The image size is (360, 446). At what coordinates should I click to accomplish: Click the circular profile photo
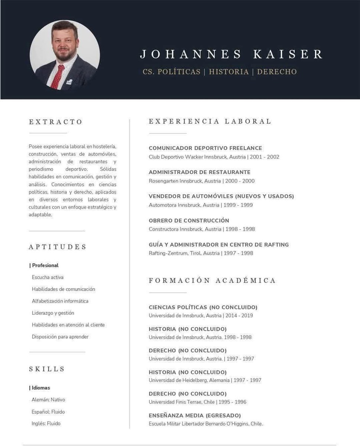coord(65,55)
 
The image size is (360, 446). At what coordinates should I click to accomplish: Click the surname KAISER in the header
coord(288,54)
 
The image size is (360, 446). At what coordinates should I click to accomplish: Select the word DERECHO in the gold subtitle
coord(277,72)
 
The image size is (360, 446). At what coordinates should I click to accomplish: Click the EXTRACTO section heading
coord(56,122)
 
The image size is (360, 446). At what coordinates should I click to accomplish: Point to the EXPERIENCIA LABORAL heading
coord(210,122)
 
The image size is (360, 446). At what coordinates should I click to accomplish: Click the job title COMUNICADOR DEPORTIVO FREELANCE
coord(205,148)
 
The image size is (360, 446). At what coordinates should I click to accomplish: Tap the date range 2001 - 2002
coord(265,157)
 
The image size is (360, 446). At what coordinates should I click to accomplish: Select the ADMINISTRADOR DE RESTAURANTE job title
coord(200,172)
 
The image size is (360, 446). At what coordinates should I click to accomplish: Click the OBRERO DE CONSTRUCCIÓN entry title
coord(189,220)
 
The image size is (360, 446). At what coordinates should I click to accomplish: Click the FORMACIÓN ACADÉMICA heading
coord(212,281)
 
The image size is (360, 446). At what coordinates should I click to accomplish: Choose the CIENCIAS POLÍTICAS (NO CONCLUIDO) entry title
coord(203,307)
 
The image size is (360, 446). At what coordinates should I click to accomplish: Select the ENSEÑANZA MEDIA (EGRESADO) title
coord(195,416)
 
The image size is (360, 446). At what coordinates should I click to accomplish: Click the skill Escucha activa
coord(48,277)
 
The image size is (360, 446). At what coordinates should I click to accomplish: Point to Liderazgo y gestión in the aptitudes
coord(53,313)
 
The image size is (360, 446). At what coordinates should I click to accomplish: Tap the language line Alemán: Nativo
coord(48,400)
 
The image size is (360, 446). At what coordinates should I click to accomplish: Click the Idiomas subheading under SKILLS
coord(40,388)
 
